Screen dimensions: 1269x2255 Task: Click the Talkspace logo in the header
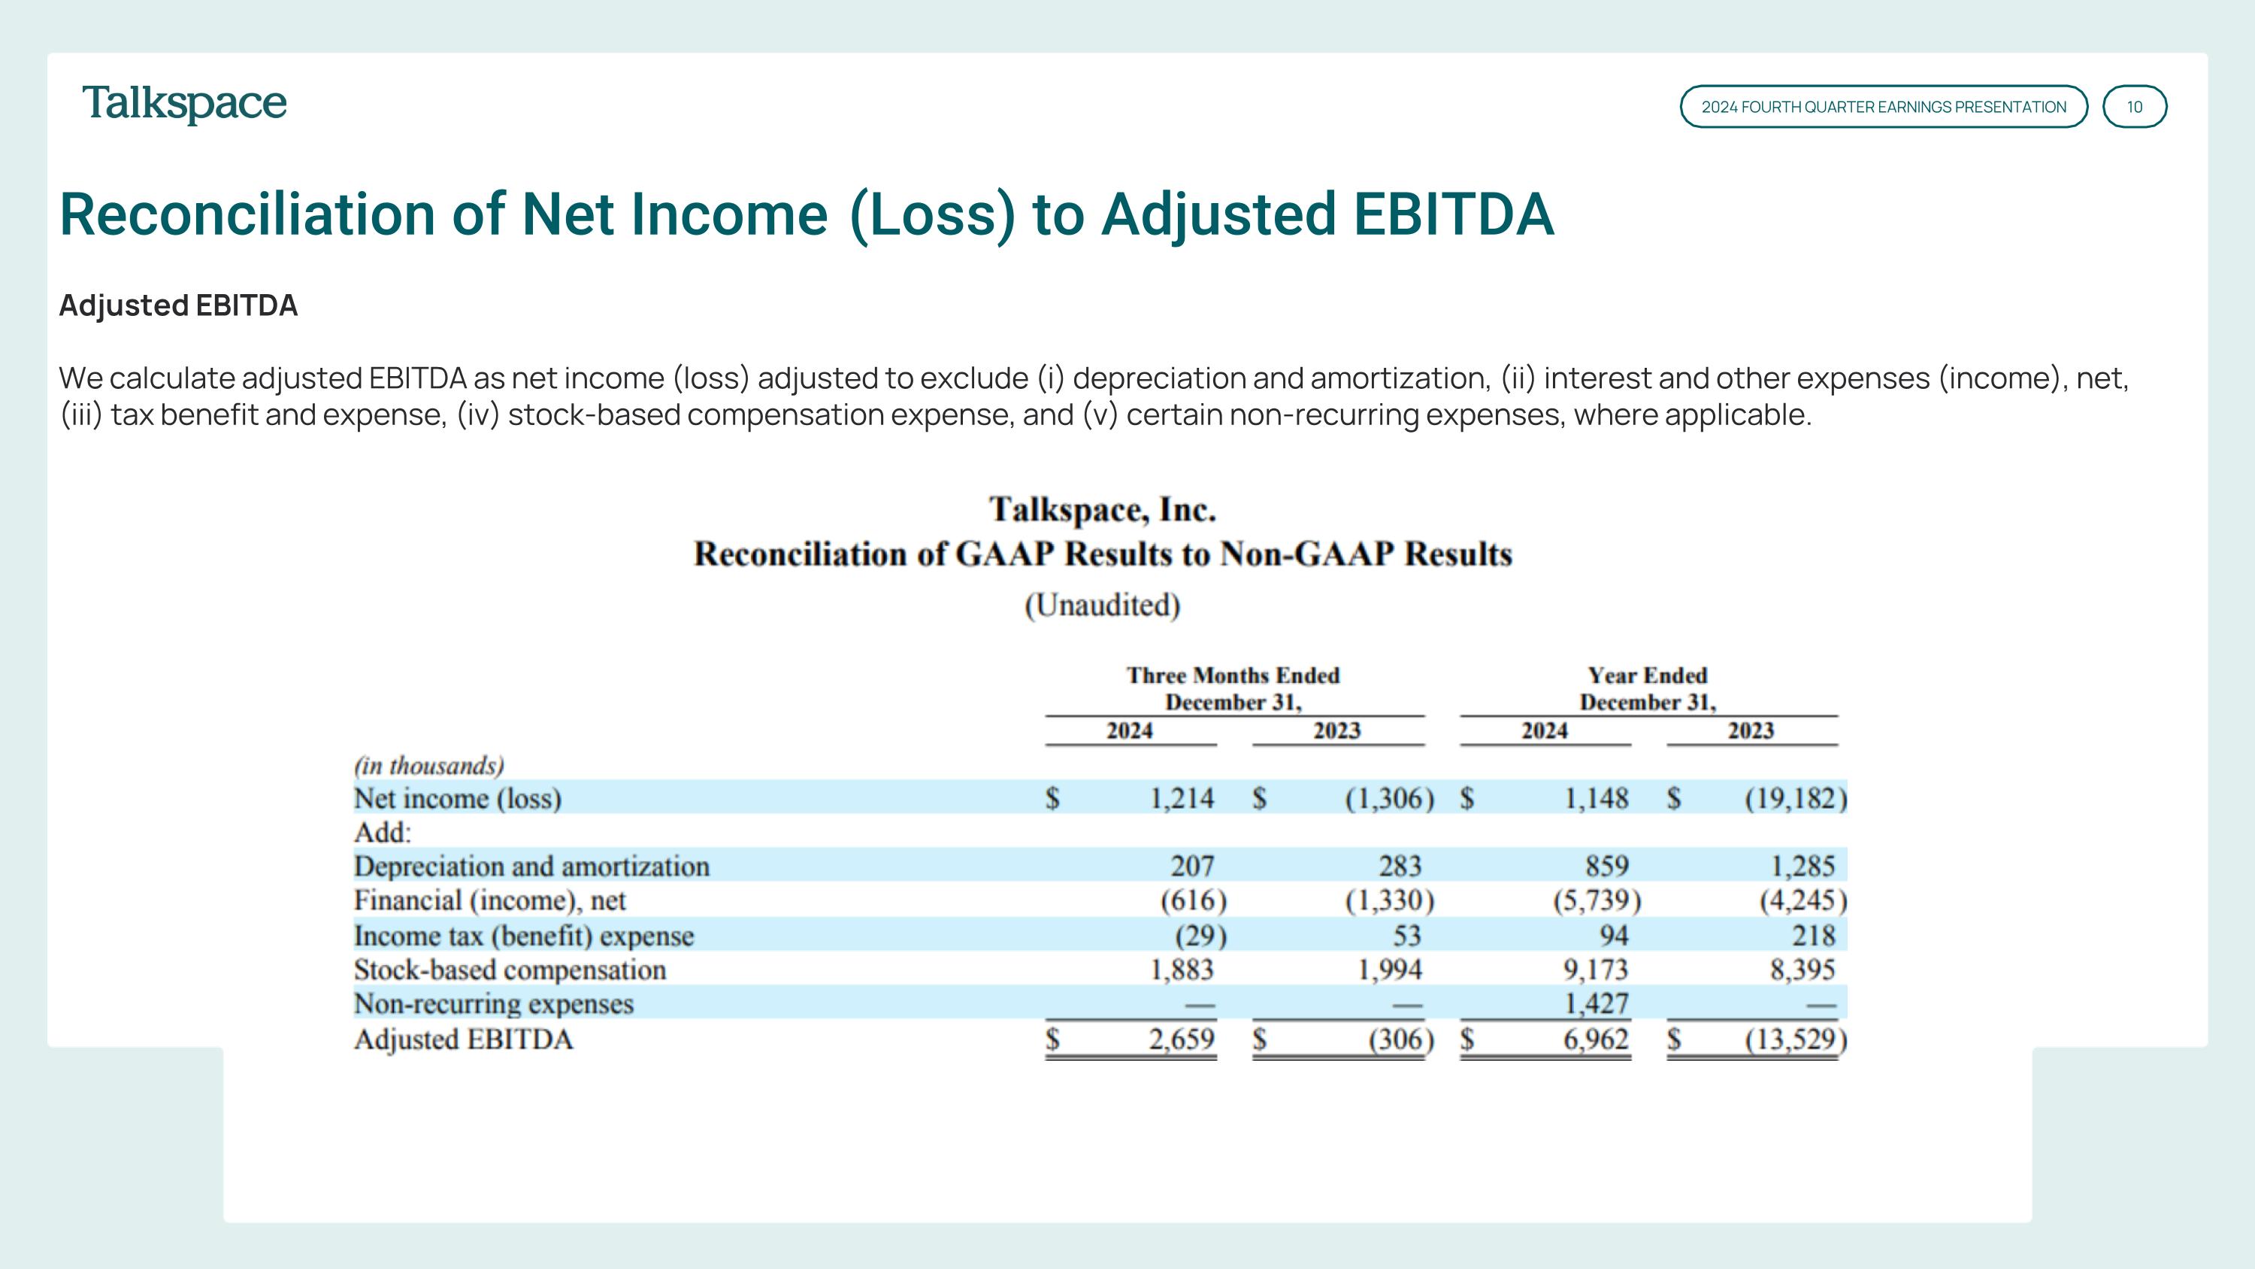pos(184,105)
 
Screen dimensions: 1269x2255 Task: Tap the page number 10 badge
pos(2134,107)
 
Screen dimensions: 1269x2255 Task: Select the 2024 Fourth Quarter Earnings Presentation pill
pos(1883,107)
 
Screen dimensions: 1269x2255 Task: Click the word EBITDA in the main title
pos(1453,214)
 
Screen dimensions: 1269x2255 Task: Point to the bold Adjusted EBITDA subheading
pos(179,305)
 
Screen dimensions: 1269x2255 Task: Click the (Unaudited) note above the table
pos(1102,605)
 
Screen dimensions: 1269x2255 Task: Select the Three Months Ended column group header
pos(1233,688)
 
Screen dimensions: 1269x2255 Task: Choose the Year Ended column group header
pos(1648,688)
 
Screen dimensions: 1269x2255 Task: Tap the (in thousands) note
pos(429,767)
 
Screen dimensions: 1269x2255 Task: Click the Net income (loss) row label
pos(457,799)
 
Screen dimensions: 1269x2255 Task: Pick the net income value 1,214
pos(1181,799)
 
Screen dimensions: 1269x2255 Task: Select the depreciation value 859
pos(1606,866)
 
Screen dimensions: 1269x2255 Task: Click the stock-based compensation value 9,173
pos(1596,970)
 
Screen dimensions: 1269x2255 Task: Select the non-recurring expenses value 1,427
pos(1596,1003)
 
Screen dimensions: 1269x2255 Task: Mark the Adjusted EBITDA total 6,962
pos(1596,1040)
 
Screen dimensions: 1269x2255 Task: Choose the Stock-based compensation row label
pos(510,970)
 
